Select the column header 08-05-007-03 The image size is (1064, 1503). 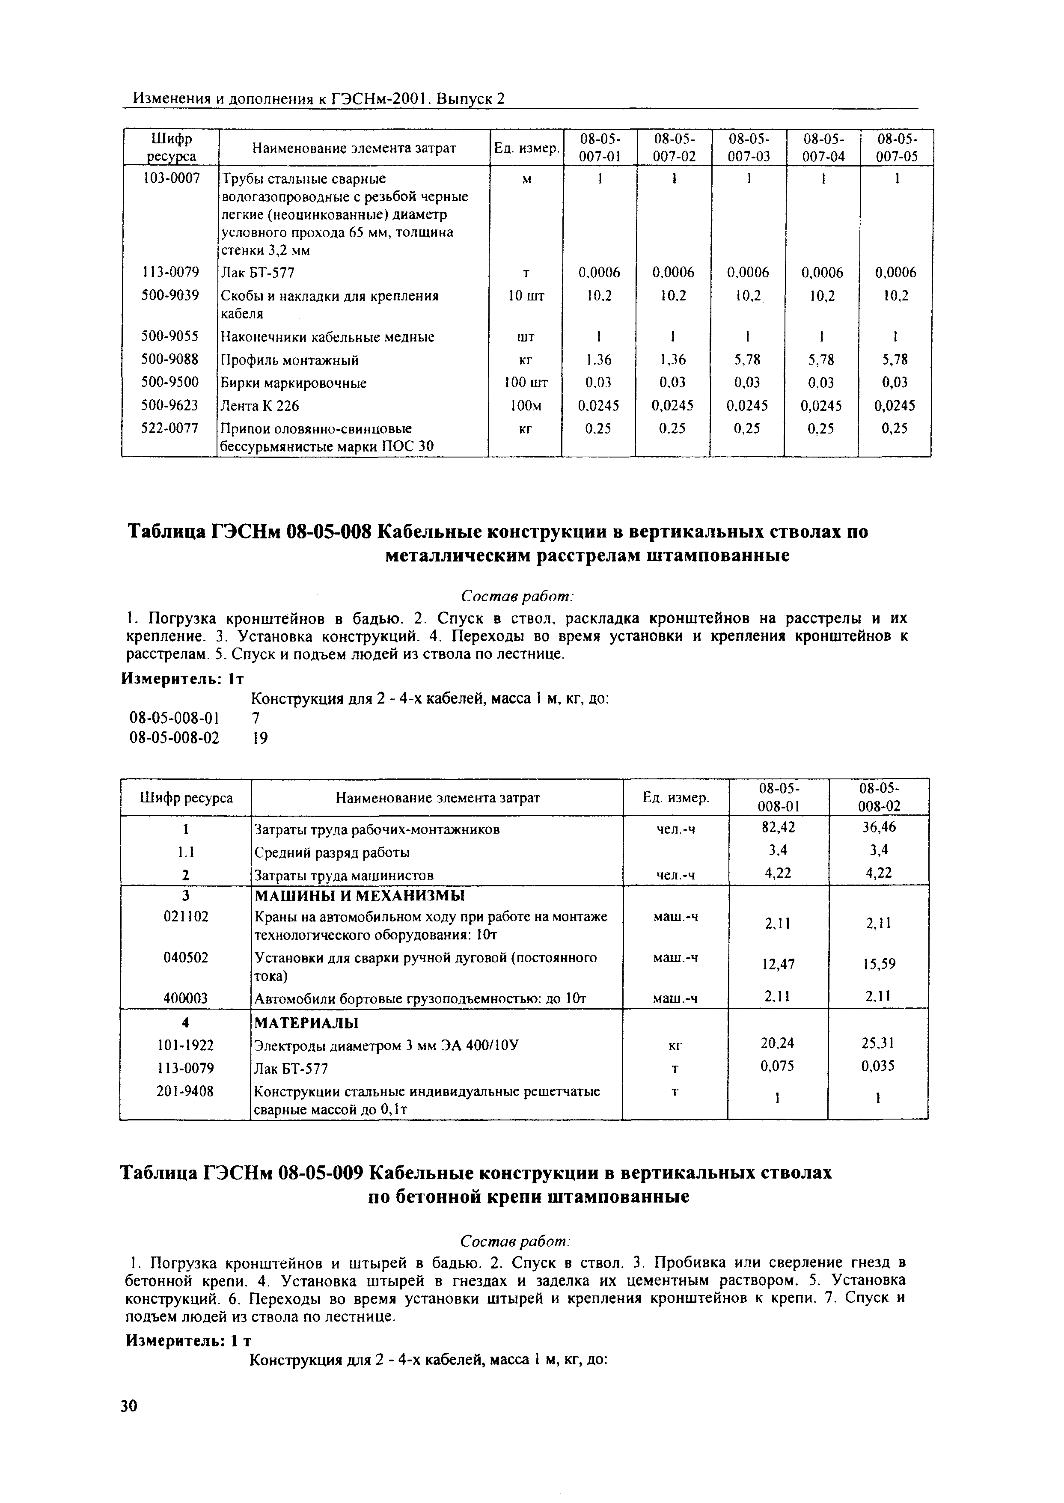click(748, 147)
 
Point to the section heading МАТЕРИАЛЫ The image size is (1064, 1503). click(305, 1023)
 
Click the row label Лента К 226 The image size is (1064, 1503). click(259, 406)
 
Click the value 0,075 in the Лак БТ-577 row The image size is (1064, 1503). click(778, 1066)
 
